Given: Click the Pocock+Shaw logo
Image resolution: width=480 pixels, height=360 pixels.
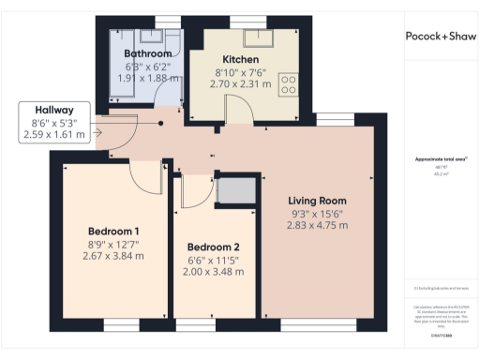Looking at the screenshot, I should pyautogui.click(x=439, y=37).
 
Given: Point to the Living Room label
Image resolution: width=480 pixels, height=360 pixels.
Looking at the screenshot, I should pyautogui.click(x=317, y=201).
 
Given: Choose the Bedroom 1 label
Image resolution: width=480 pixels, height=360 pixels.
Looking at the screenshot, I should pyautogui.click(x=113, y=232).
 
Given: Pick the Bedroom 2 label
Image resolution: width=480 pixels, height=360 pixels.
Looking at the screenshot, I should pyautogui.click(x=215, y=247).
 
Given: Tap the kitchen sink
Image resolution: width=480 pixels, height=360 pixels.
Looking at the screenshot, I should pyautogui.click(x=255, y=37).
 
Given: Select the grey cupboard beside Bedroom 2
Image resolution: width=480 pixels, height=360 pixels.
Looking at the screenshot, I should pyautogui.click(x=232, y=190).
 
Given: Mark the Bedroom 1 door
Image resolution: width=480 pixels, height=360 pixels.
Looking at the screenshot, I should pyautogui.click(x=143, y=173).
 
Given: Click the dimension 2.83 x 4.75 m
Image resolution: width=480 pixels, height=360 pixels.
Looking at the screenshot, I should pyautogui.click(x=317, y=225).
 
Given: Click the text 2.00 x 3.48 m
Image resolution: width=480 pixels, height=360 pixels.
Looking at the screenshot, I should pyautogui.click(x=215, y=272).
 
